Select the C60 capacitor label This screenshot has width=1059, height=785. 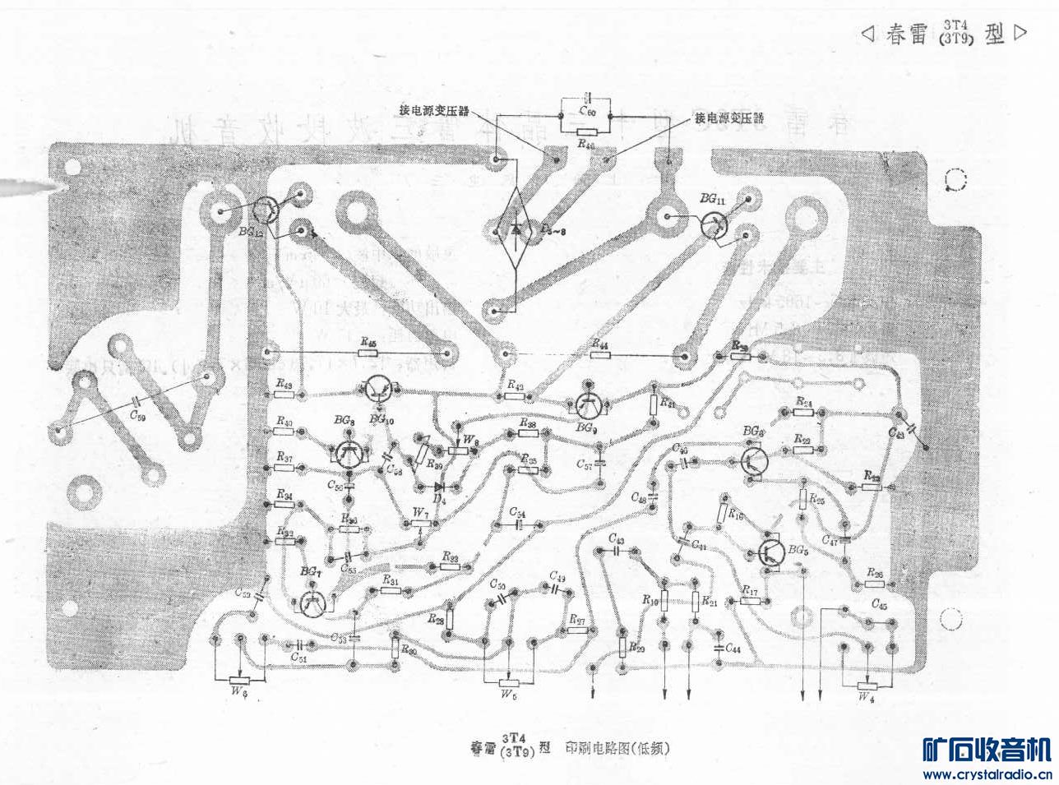(x=587, y=111)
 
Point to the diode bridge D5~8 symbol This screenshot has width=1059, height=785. (x=516, y=229)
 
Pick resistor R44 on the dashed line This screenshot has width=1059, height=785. (x=600, y=355)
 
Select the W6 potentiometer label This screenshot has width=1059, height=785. (x=239, y=692)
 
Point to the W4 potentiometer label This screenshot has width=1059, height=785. (x=866, y=697)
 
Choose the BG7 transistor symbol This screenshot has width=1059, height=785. (x=312, y=603)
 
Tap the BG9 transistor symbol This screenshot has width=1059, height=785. (x=587, y=404)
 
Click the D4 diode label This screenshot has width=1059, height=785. (x=440, y=498)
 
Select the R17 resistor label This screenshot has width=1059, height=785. (x=749, y=590)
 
